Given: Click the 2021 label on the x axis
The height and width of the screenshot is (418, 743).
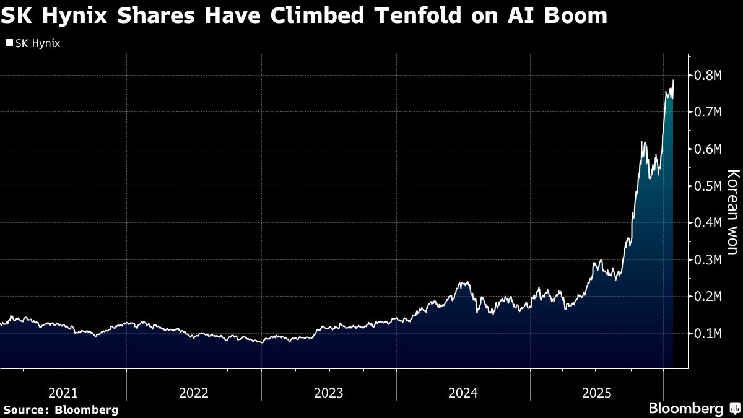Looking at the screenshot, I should coord(63,393).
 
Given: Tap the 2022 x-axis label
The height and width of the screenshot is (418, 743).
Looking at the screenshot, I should coord(193,393).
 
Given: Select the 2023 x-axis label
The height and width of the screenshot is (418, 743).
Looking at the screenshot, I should coord(328,393).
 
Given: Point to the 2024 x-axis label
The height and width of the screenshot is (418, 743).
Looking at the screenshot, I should coord(463,393).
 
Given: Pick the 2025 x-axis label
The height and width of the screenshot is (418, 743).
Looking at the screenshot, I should coord(597,393).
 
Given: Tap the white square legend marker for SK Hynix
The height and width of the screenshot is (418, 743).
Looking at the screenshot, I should coord(9,43).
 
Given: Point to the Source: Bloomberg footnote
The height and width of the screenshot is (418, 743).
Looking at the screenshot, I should coord(60,409).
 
